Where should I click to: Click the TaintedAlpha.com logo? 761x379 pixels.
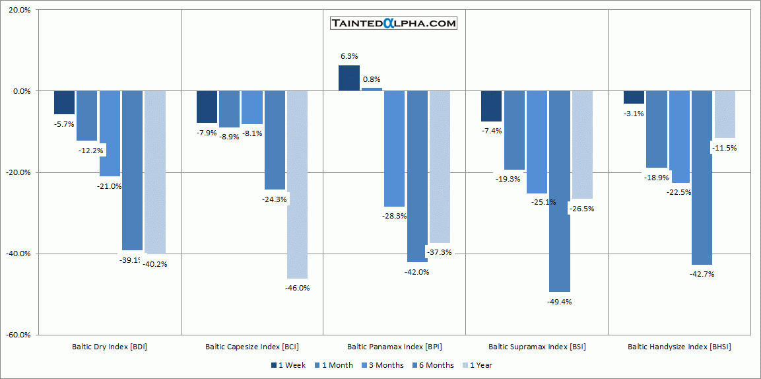pos(394,23)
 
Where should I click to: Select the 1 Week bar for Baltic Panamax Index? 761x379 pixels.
pos(349,78)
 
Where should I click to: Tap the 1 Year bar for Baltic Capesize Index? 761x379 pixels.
pos(297,184)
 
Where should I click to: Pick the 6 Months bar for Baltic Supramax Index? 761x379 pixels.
pos(559,191)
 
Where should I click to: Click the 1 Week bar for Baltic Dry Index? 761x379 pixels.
pos(64,102)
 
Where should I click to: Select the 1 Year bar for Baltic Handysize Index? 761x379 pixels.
pos(725,114)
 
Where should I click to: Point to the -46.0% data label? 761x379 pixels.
pos(297,288)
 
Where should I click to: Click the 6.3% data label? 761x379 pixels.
pos(349,57)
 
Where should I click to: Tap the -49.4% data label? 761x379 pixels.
pos(559,302)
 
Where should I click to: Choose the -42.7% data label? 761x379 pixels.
pos(702,274)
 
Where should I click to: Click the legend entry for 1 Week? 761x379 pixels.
pos(288,365)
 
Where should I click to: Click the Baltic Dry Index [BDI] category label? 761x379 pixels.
pos(110,347)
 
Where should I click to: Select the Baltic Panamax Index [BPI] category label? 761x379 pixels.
pos(394,347)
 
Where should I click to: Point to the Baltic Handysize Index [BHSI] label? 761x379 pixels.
pos(679,347)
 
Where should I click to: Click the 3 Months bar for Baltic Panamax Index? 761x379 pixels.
pos(394,149)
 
